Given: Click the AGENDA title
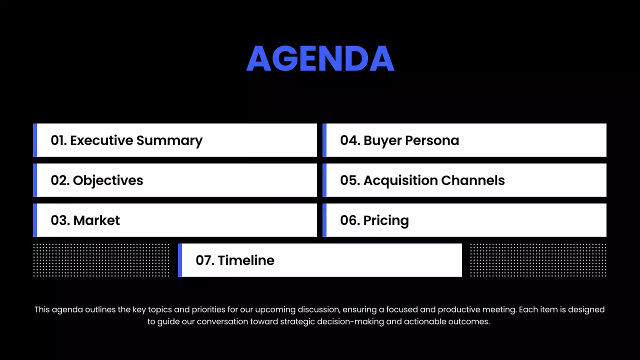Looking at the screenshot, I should pos(320,59).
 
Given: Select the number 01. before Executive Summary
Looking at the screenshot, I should pos(58,140).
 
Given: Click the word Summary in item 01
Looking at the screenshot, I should pos(169,140).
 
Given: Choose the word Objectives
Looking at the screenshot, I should pos(108,180).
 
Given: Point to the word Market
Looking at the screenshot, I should pos(96,220).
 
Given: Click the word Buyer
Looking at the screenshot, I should pos(382,140).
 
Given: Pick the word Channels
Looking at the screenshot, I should pos(470,180).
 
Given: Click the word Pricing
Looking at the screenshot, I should pos(386,220).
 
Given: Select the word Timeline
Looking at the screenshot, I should pos(246,260).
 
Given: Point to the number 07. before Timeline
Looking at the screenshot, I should pos(204,260).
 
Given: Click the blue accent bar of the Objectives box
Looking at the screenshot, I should pos(35,180).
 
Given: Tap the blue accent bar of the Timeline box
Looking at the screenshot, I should pos(180,260).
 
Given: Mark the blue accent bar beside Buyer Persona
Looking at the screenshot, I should pos(324,140).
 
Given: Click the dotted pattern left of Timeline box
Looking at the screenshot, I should pos(101,260).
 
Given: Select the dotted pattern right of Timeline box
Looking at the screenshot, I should pos(538,260).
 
